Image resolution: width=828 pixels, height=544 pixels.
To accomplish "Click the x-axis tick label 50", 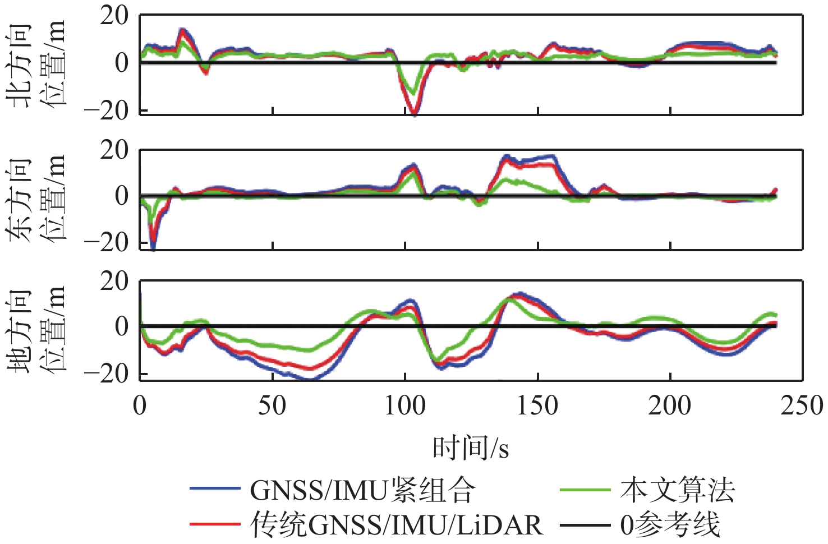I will [272, 405].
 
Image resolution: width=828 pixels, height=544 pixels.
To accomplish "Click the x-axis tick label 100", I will [404, 405].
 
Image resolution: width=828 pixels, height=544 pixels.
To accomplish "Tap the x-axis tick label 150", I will [537, 405].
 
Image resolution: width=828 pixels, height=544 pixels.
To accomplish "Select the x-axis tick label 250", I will [802, 405].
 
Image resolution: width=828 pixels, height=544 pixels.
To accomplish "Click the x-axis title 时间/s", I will [471, 448].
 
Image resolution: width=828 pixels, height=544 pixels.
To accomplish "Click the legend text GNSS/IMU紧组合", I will [362, 490].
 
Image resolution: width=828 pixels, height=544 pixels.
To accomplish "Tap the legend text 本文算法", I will [677, 490].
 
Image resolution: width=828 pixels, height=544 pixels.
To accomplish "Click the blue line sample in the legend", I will [215, 489].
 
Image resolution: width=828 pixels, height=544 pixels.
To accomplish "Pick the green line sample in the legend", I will [585, 489].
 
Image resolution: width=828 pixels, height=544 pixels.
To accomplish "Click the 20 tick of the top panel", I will [114, 16].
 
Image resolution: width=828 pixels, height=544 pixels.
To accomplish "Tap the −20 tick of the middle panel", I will [106, 242].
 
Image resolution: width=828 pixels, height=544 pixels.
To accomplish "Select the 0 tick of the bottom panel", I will [122, 326].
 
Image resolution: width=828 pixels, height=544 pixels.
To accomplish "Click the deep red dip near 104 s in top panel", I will [414, 112].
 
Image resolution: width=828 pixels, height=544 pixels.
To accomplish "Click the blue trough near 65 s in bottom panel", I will [312, 379].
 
